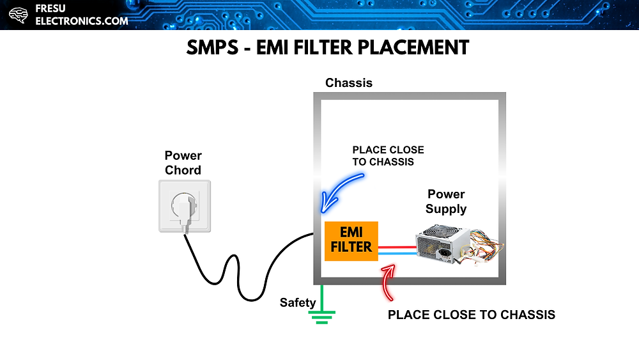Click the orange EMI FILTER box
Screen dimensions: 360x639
[351, 241]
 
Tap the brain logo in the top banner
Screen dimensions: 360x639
[19, 15]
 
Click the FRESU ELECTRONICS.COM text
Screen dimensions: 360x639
[81, 15]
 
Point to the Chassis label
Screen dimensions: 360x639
[348, 83]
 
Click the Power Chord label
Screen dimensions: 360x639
[183, 163]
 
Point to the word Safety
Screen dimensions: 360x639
[298, 302]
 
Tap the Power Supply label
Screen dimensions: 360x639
[446, 201]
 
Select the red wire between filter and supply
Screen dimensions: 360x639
[397, 246]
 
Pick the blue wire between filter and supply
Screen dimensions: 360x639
[397, 254]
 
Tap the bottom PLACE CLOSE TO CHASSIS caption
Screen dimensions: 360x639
[472, 315]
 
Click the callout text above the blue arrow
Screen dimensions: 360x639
[388, 156]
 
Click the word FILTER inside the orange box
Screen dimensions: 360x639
[351, 247]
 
